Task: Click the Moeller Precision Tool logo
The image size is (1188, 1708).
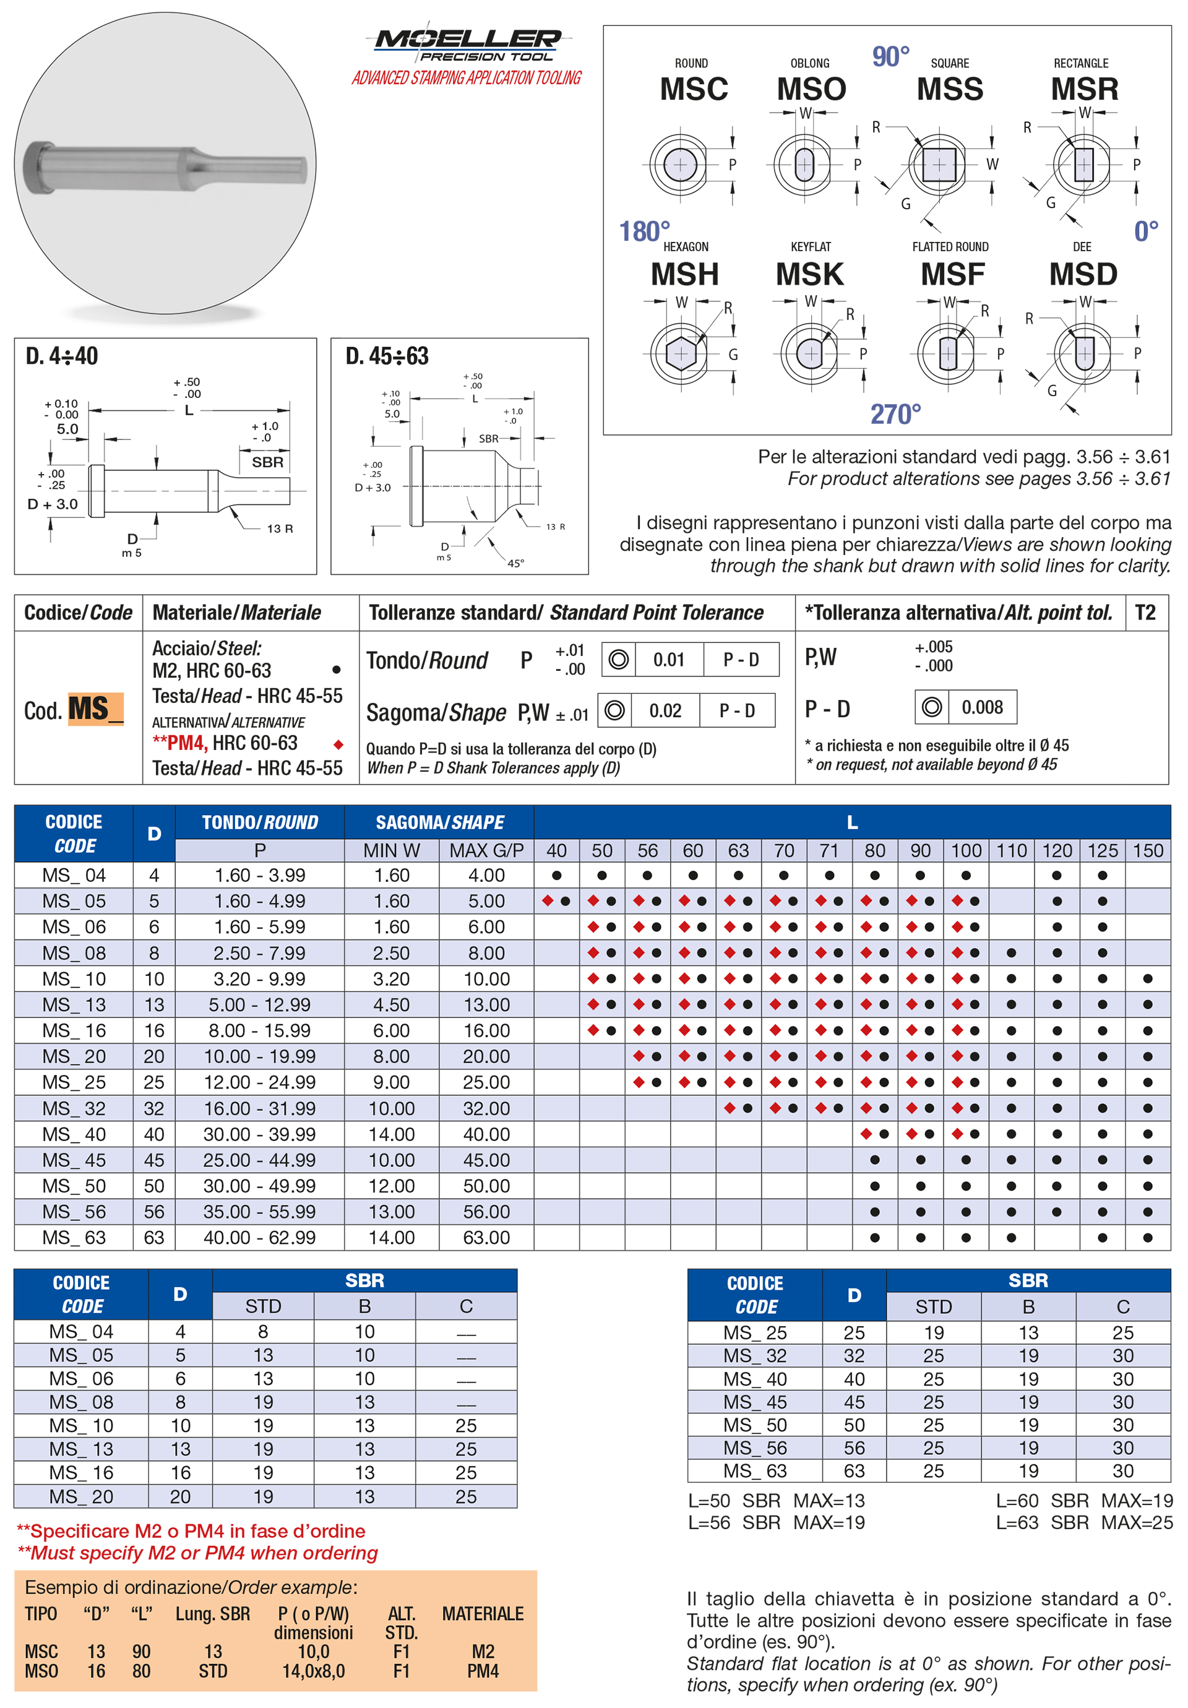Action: tap(467, 45)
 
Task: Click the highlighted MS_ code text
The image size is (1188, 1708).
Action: tap(95, 709)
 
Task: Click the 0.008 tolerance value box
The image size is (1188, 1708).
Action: tap(982, 707)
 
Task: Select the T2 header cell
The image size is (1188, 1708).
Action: tap(1145, 613)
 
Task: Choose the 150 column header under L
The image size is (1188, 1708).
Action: tap(1147, 850)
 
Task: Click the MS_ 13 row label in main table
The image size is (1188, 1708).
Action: tap(74, 1005)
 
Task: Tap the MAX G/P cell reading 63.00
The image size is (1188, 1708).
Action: tap(486, 1238)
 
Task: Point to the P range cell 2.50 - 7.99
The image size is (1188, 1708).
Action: tap(260, 953)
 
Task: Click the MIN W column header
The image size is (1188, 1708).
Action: tap(391, 850)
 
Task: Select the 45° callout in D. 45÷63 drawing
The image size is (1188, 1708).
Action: tap(515, 563)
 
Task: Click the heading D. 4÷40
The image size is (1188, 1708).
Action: tap(62, 356)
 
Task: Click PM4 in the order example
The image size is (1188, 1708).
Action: tap(483, 1671)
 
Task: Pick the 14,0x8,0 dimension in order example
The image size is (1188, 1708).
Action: tap(313, 1671)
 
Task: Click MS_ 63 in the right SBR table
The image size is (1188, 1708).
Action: tap(754, 1471)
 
